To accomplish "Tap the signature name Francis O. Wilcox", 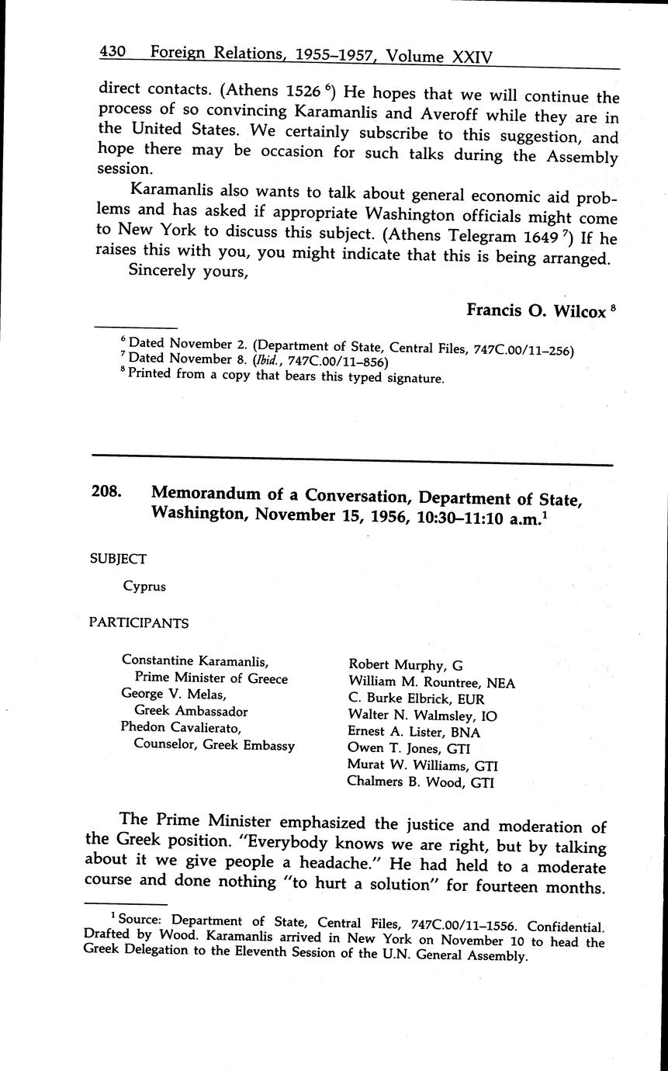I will point(535,310).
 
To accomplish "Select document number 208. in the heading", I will point(106,491).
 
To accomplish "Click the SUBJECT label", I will point(118,558).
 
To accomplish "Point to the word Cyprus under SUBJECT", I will point(144,587).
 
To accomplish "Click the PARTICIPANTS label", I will point(138,622).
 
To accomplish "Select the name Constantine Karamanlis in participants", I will point(195,661).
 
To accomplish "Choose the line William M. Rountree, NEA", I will point(431,683).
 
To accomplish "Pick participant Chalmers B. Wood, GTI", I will point(420,783).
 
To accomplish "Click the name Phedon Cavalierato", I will point(181,727).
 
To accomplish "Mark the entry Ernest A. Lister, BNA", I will point(414,732).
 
